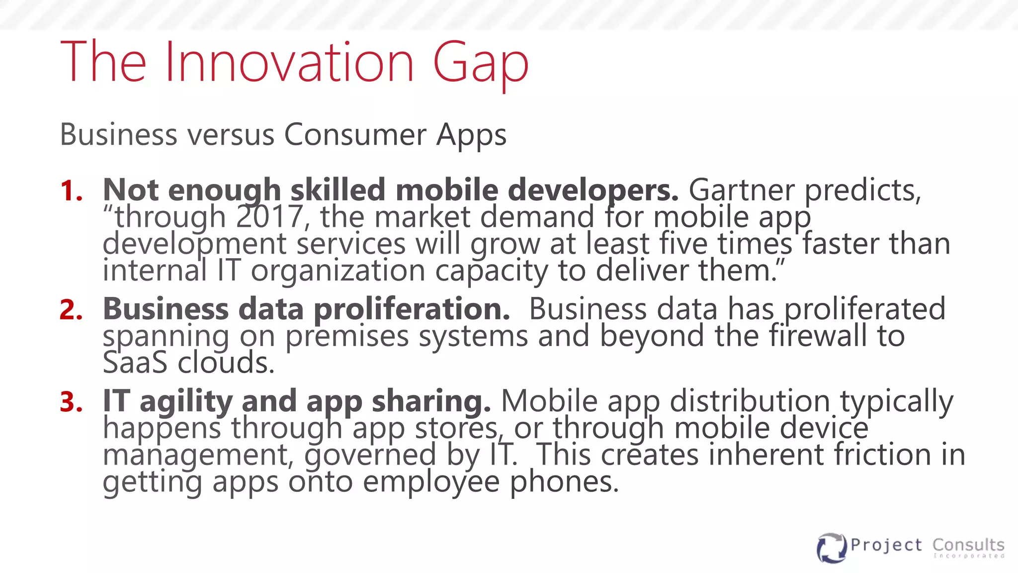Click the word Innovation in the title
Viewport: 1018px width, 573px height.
tap(289, 62)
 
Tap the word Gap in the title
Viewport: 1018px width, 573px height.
tap(481, 65)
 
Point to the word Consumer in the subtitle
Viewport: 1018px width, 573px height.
tap(355, 135)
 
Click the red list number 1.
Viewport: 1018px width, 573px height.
tap(70, 191)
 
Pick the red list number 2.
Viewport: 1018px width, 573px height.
tap(71, 310)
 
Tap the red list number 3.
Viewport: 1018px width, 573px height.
tap(71, 402)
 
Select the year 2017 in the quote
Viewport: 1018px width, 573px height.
tap(269, 217)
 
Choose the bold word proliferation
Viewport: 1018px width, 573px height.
tap(412, 310)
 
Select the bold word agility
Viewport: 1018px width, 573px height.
tap(185, 402)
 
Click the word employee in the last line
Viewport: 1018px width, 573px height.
tap(431, 482)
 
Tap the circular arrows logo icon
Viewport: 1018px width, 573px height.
tap(831, 548)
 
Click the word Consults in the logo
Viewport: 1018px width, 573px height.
tap(968, 545)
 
